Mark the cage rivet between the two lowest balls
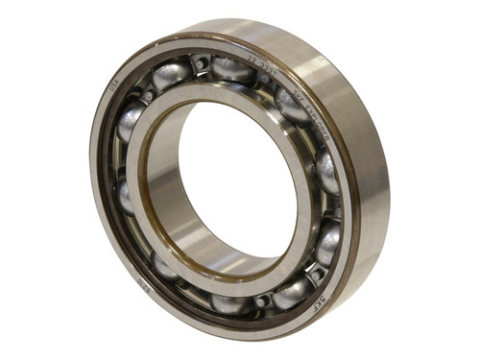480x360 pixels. [x=261, y=301]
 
